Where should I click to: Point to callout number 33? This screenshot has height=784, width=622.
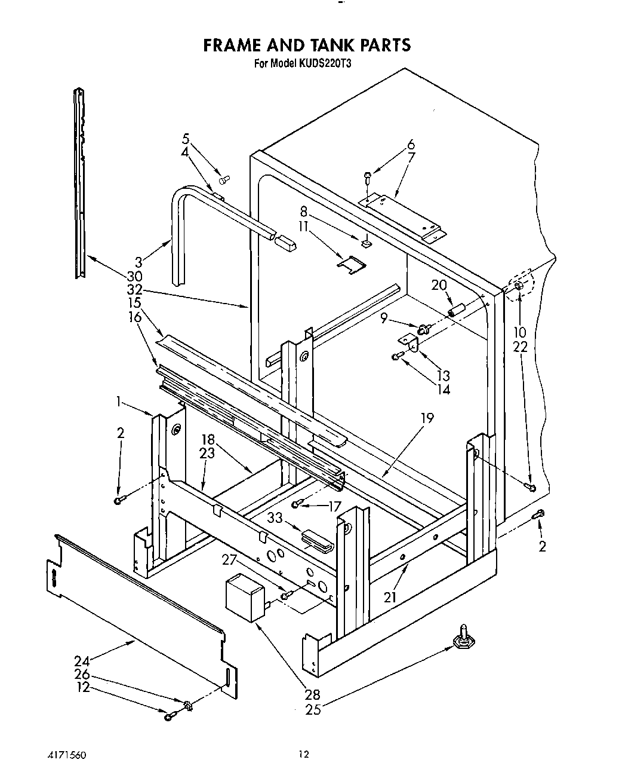coord(275,518)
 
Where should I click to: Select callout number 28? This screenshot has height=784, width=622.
coord(312,694)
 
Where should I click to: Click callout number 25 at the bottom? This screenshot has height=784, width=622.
coord(313,709)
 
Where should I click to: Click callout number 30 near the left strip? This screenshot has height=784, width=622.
coord(134,276)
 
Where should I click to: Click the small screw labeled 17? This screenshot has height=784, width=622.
coord(297,506)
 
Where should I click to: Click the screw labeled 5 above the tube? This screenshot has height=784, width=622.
coord(224,179)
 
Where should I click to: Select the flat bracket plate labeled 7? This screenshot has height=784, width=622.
coord(403,216)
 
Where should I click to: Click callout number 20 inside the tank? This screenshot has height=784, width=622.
coord(438,285)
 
